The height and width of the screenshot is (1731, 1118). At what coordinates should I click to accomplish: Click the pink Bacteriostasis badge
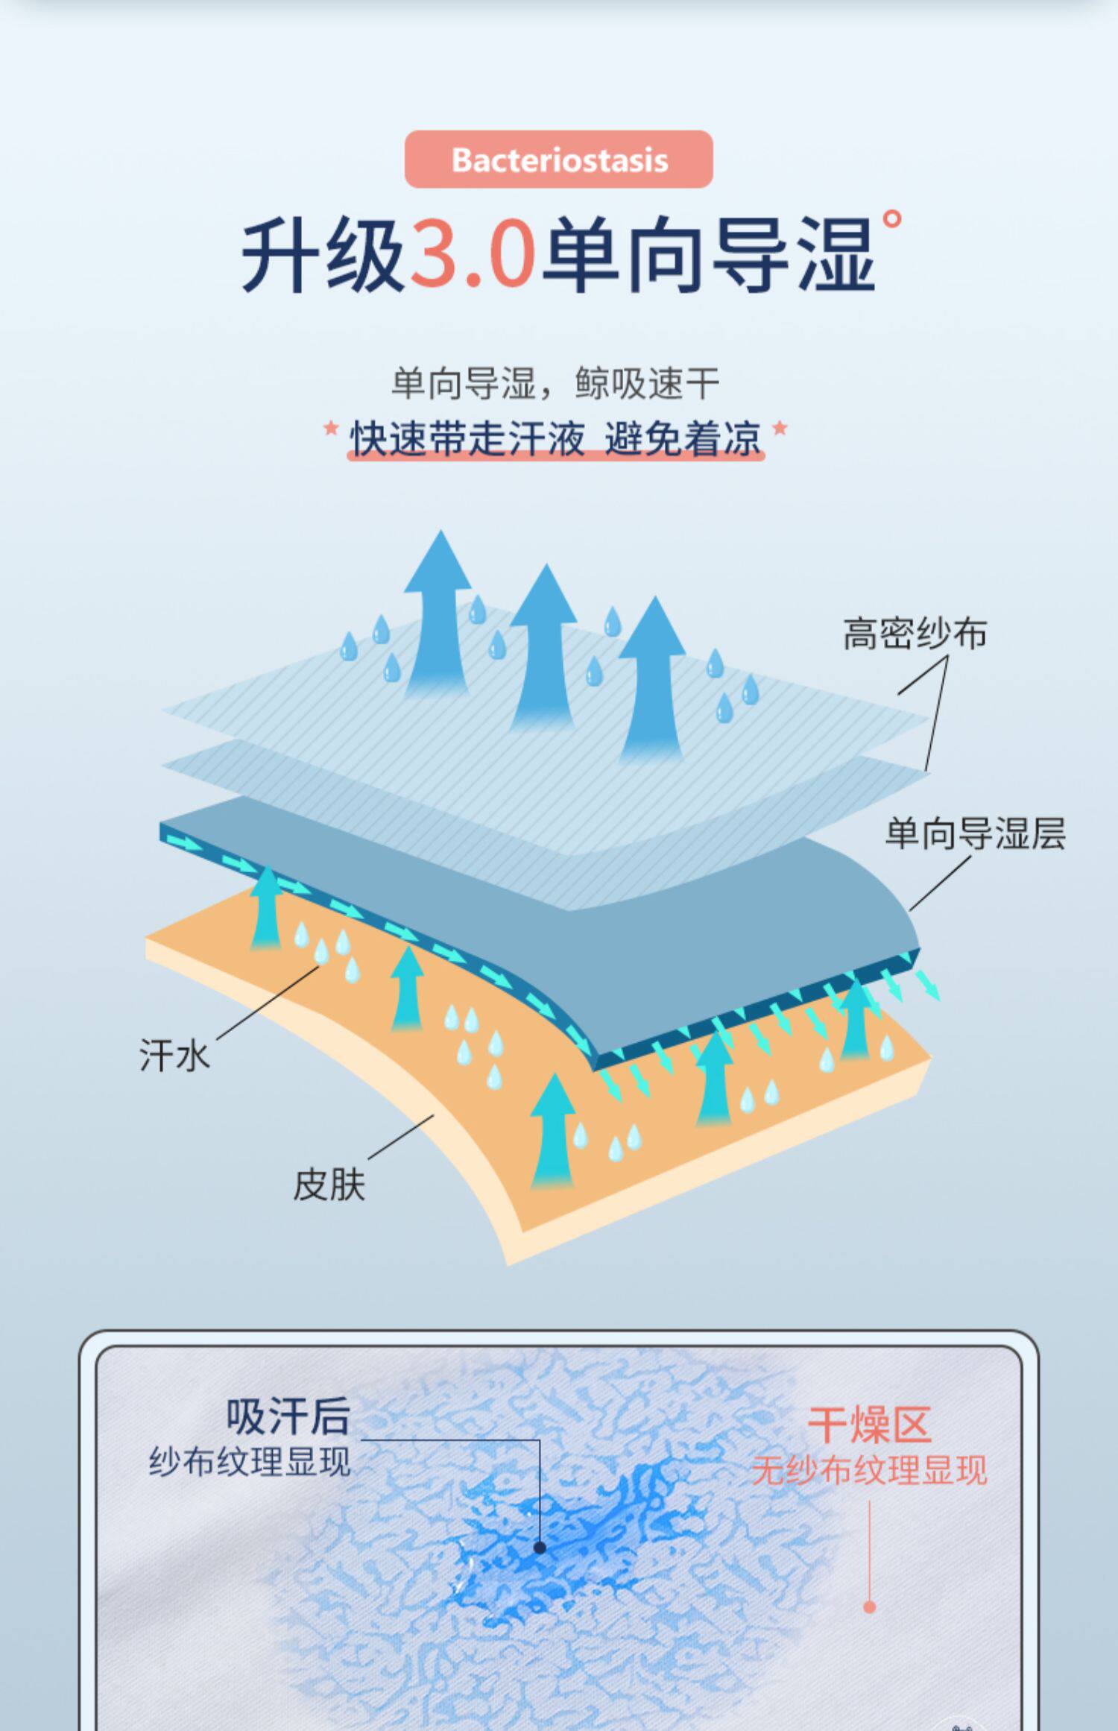(559, 159)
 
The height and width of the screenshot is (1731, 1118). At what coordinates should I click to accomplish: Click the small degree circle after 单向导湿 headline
(891, 219)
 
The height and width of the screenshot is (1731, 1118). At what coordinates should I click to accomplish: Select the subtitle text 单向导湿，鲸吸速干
(555, 384)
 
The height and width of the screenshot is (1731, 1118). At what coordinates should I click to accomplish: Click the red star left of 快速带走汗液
(331, 429)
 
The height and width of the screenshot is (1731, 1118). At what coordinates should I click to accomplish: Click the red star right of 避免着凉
(780, 428)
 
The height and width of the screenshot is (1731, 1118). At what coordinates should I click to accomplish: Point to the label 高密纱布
(915, 634)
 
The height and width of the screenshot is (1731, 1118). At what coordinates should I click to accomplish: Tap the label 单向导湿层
(975, 833)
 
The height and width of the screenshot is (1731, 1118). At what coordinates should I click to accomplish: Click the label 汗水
(174, 1056)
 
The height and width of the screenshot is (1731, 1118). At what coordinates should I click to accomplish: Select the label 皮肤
(329, 1185)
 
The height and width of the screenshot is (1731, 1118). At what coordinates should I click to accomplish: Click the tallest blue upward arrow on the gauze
(440, 611)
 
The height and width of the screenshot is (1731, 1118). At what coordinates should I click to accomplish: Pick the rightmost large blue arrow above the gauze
(652, 678)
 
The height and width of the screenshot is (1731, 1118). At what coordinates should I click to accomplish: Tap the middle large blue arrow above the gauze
(544, 645)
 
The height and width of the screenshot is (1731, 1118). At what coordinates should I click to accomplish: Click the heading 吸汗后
(288, 1416)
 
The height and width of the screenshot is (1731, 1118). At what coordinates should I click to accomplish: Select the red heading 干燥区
(869, 1425)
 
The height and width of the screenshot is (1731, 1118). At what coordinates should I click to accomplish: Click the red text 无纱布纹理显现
(869, 1471)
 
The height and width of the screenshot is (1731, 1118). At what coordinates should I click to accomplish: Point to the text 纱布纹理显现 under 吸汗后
(250, 1461)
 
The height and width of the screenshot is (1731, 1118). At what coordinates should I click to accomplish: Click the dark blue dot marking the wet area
(540, 1548)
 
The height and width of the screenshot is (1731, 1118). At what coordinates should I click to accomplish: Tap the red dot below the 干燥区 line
(869, 1607)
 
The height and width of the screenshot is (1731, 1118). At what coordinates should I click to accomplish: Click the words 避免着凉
(683, 438)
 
